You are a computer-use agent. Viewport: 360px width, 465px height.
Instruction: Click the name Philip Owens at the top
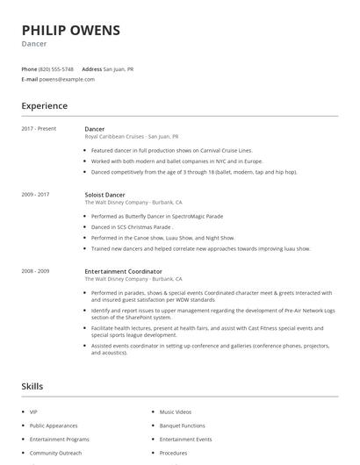(x=70, y=30)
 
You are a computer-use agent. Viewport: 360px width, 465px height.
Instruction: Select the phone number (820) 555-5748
(x=57, y=68)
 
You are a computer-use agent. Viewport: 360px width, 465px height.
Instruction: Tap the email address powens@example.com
(x=68, y=79)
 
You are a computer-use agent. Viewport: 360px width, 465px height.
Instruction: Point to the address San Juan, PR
(x=119, y=68)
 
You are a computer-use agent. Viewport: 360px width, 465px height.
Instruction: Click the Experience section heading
(x=44, y=106)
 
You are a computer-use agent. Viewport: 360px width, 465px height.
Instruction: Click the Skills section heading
(x=32, y=386)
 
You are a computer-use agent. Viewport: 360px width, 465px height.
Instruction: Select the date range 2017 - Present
(x=39, y=129)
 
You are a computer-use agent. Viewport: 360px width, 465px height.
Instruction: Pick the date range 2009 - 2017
(x=35, y=194)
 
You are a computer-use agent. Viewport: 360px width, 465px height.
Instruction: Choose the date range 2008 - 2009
(x=35, y=272)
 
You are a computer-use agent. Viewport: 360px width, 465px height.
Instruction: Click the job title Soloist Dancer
(x=104, y=194)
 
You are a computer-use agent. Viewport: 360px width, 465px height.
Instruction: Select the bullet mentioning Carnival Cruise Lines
(x=165, y=150)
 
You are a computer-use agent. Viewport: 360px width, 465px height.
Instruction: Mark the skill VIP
(x=33, y=411)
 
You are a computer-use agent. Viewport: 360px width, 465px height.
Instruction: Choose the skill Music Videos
(x=176, y=411)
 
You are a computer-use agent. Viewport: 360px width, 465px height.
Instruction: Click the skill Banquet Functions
(x=182, y=425)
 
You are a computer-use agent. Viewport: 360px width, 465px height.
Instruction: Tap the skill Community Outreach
(x=55, y=453)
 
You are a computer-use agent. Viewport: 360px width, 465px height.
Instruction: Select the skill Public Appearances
(x=53, y=425)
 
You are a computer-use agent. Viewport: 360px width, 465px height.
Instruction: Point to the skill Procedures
(x=173, y=453)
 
